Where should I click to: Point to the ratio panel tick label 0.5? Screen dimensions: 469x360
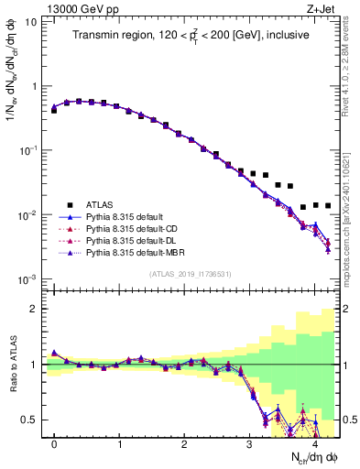click(28, 420)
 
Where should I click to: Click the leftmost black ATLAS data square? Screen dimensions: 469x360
click(54, 110)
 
